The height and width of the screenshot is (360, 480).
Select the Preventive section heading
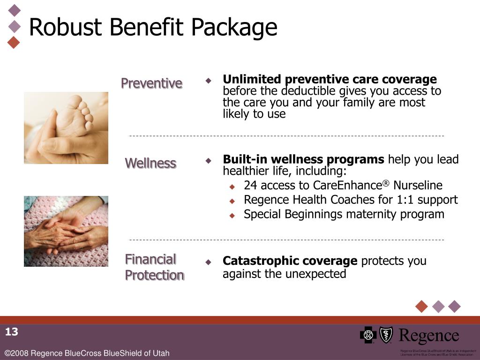[x=151, y=83]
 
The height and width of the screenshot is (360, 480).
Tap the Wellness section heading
[x=150, y=163]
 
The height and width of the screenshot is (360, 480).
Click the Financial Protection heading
[x=154, y=267]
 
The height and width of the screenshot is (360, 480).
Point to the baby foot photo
[x=66, y=127]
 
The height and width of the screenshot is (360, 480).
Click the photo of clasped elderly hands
[x=66, y=231]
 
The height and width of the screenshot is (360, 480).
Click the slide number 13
[x=12, y=332]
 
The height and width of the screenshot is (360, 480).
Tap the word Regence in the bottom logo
[x=428, y=336]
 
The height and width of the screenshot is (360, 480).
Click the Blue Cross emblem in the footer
[x=368, y=335]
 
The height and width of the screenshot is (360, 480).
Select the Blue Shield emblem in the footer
[x=386, y=335]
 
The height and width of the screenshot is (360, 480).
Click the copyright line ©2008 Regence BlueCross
[x=87, y=353]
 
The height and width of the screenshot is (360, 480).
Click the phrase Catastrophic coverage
[x=290, y=261]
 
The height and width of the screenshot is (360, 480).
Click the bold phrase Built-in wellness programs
[x=303, y=159]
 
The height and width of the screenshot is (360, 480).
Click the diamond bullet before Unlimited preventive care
[x=209, y=80]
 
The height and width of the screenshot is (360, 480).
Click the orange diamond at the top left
[x=15, y=42]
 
